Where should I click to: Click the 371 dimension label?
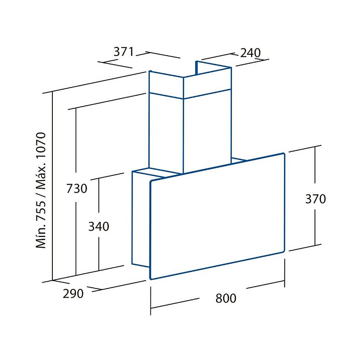[123, 51]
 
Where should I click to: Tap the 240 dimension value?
[250, 53]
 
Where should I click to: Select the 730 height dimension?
[77, 189]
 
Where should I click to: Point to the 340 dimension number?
[99, 226]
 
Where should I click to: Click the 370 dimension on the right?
[315, 199]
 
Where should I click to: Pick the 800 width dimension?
[226, 298]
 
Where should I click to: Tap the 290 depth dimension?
[73, 293]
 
